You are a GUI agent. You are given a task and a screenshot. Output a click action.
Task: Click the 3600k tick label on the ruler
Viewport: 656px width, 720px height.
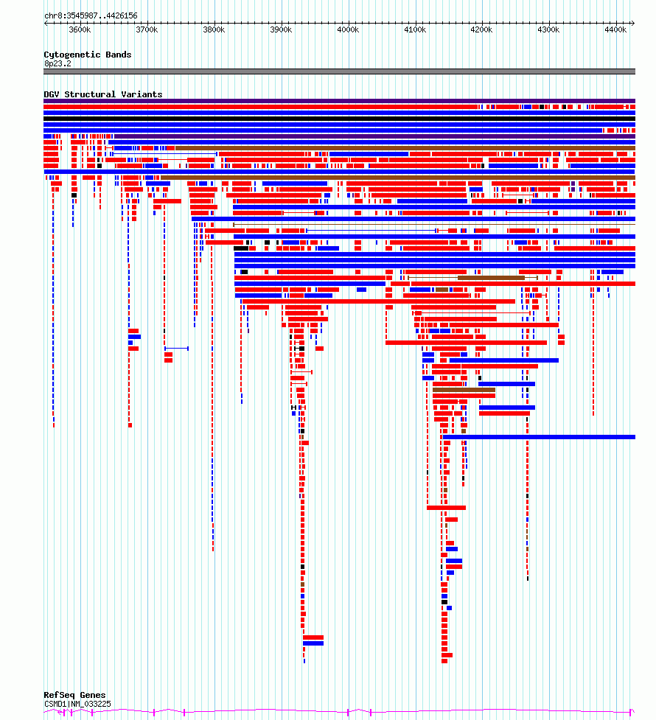[80, 30]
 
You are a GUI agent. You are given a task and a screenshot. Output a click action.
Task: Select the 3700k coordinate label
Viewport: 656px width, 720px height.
[147, 30]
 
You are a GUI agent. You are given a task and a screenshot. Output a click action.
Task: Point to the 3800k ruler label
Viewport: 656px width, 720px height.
[214, 30]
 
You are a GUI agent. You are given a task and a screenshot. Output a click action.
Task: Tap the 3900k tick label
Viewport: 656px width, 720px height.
[281, 30]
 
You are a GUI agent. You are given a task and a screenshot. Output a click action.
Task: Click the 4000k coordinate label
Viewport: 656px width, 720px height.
[348, 30]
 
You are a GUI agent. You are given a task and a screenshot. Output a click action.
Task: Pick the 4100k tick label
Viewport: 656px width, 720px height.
[415, 30]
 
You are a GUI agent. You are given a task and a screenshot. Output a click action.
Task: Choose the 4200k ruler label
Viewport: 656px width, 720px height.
[482, 30]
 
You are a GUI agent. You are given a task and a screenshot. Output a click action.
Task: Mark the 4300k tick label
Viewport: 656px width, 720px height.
[549, 30]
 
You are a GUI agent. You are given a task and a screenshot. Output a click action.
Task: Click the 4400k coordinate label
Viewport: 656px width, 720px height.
[615, 30]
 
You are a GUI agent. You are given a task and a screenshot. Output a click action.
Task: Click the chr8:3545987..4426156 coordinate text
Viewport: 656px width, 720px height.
[91, 15]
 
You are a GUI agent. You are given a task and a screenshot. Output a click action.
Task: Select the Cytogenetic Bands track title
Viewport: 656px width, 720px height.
[88, 55]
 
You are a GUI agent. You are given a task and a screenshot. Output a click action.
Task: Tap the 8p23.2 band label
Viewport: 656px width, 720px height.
[58, 64]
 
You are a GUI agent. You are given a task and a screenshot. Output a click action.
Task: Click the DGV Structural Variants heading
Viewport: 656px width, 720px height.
[103, 94]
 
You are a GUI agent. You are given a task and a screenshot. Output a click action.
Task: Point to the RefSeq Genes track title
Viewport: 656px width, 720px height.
[74, 695]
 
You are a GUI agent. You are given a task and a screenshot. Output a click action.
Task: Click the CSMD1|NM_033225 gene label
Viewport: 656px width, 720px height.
[77, 704]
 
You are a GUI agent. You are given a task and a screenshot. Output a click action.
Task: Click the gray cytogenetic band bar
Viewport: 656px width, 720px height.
[340, 71]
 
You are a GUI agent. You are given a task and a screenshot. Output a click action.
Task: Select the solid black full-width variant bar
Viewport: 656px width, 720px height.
[340, 119]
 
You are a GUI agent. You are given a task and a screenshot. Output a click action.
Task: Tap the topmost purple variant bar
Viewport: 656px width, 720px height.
[340, 101]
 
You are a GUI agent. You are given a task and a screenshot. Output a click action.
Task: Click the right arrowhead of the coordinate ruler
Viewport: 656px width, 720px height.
[633, 23]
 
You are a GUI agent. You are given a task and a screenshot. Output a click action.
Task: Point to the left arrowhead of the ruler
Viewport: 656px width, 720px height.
[46, 23]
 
